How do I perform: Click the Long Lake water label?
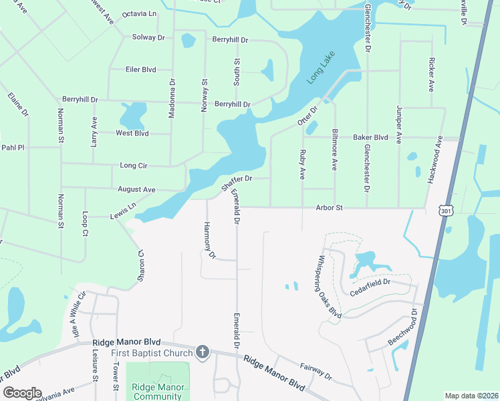320,68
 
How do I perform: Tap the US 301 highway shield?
445,210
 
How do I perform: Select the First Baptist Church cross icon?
203,352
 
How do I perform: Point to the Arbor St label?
330,208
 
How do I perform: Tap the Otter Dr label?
306,117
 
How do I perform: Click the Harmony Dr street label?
209,241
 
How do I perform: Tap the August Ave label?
136,190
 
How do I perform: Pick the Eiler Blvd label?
140,69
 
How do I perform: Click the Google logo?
22,393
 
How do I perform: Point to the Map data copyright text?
471,396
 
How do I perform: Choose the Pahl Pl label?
12,147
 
